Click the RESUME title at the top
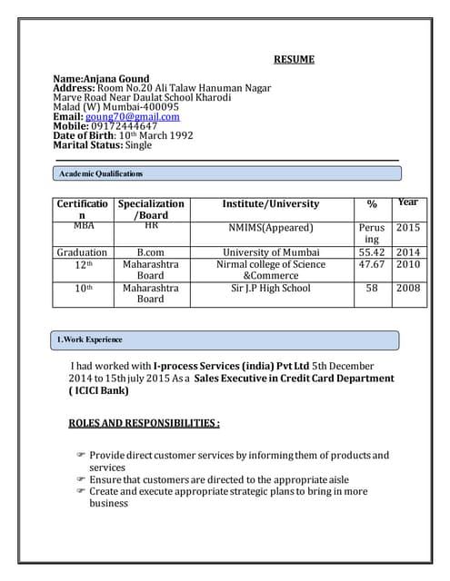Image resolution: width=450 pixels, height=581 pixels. click(x=294, y=60)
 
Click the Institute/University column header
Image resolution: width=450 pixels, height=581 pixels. click(x=270, y=204)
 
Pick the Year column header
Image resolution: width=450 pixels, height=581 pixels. click(x=408, y=202)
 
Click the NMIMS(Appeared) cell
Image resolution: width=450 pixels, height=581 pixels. click(x=270, y=228)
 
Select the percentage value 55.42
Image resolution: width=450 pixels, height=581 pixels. click(x=372, y=252)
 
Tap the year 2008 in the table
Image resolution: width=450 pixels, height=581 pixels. click(x=408, y=288)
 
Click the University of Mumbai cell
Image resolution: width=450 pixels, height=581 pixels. click(x=270, y=252)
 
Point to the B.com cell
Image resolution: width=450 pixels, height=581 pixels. click(x=150, y=252)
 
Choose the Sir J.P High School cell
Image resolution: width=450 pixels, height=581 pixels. click(x=270, y=288)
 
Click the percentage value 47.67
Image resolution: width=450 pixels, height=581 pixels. click(x=372, y=264)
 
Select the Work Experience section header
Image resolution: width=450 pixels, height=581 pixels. click(x=90, y=340)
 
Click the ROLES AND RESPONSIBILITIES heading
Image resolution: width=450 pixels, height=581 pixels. click(x=144, y=423)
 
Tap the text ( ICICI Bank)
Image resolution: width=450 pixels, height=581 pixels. click(x=99, y=391)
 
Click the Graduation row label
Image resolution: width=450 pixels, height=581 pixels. click(x=82, y=252)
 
